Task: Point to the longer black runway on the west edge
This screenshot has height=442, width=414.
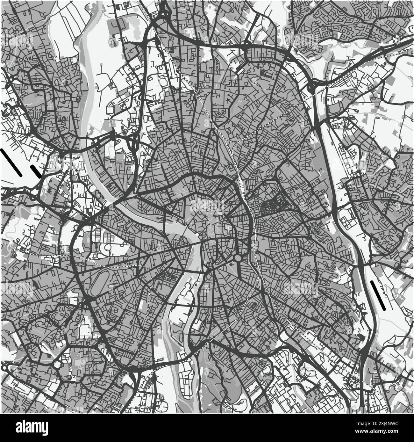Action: point(11,163)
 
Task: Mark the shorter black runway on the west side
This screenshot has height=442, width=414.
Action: point(35,171)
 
